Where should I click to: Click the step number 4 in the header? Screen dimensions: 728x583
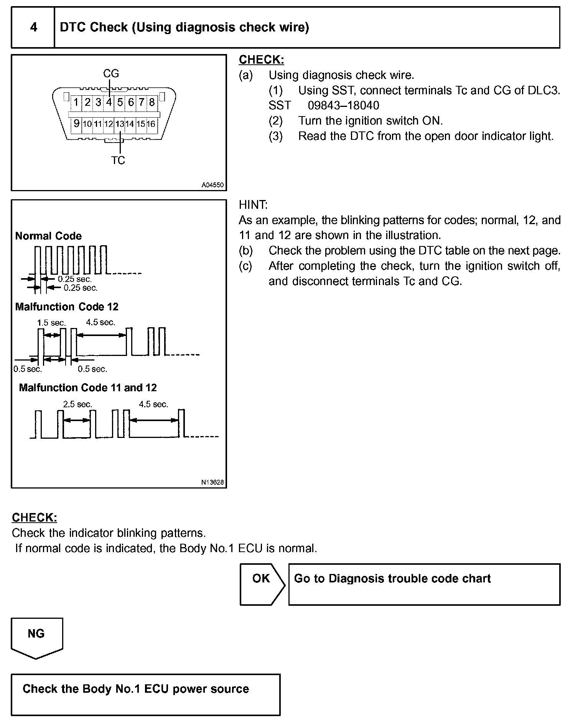pos(33,27)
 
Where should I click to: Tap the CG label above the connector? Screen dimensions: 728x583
pos(111,73)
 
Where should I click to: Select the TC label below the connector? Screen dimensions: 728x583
pos(118,161)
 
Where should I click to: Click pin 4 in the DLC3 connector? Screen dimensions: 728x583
pos(109,102)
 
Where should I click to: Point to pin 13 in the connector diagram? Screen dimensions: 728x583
pos(120,124)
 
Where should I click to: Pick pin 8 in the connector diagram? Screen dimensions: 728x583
pos(152,102)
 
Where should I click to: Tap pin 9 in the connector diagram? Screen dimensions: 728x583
pos(77,123)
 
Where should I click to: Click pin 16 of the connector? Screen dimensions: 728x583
pos(151,124)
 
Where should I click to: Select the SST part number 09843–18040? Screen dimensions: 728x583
pos(343,105)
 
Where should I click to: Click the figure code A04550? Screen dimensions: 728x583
pos(212,185)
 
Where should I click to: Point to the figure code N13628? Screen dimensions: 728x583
pos(212,482)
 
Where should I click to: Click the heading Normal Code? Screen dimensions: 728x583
pos(48,236)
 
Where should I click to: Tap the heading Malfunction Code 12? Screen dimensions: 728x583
pos(67,307)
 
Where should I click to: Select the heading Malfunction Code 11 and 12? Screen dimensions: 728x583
pos(88,388)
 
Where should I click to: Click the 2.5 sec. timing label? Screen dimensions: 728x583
pos(77,404)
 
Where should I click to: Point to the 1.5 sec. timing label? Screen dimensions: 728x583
pos(51,323)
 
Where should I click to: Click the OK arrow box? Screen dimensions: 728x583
pos(262,584)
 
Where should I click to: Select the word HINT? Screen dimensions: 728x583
pos(253,205)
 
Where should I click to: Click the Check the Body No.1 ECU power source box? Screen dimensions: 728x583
pos(145,694)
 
